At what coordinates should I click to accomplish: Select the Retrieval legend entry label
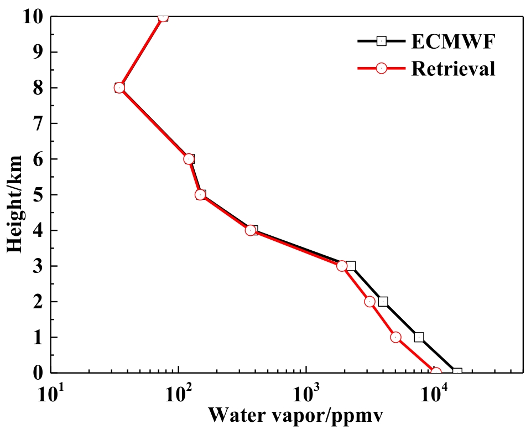tap(453, 69)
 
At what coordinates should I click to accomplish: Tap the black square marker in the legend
tap(381, 40)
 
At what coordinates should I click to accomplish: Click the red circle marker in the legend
tap(381, 68)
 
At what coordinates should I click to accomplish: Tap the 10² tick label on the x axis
tap(178, 394)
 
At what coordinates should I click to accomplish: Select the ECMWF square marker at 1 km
tap(419, 337)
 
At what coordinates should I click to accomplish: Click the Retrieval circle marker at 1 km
tap(395, 337)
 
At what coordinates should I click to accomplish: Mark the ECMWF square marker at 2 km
tap(383, 302)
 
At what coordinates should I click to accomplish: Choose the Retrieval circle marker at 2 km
tap(370, 302)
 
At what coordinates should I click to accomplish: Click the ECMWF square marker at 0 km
tap(457, 373)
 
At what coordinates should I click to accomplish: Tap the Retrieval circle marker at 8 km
tap(119, 87)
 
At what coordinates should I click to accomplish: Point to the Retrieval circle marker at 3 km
tap(341, 266)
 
